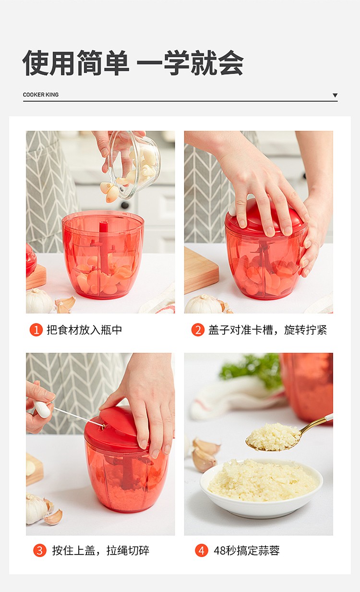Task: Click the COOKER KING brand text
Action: (41, 95)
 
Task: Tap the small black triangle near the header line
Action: (335, 95)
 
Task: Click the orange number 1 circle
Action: (36, 330)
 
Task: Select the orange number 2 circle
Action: (198, 330)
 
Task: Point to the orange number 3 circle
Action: (40, 551)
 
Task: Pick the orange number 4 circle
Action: (201, 551)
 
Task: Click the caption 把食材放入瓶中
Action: (84, 330)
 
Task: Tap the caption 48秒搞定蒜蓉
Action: (247, 551)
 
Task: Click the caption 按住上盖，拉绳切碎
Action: (101, 551)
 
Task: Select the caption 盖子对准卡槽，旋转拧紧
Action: (267, 330)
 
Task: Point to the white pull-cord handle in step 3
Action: (42, 409)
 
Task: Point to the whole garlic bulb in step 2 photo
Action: (203, 304)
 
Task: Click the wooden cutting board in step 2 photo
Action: (201, 269)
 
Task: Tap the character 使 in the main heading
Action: (36, 62)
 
